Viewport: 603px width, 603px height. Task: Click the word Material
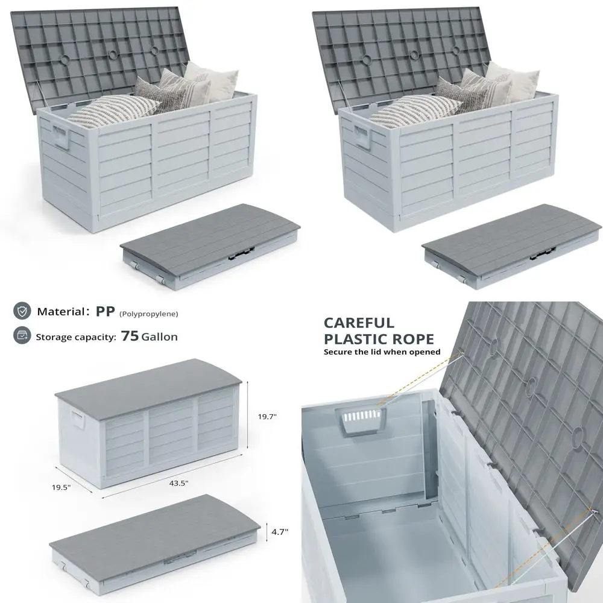(x=59, y=312)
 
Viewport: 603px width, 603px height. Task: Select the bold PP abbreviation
(x=106, y=311)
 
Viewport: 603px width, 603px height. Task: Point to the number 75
(x=130, y=336)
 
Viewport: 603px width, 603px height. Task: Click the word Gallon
(x=159, y=336)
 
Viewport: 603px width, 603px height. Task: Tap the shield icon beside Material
(x=22, y=311)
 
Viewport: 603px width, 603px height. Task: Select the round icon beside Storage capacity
(x=22, y=336)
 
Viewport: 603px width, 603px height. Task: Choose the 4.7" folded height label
(x=279, y=531)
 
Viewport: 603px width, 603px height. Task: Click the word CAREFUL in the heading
(x=359, y=323)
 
